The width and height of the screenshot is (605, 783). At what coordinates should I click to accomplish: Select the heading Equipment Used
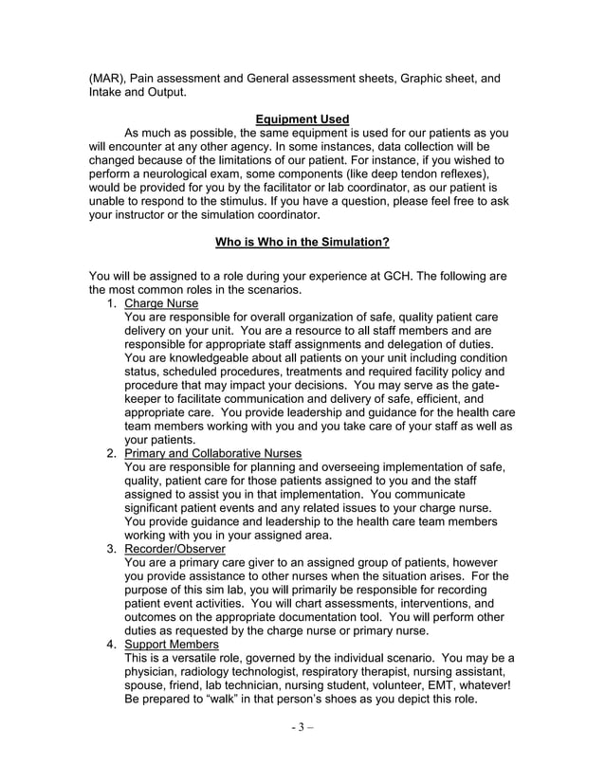(x=302, y=118)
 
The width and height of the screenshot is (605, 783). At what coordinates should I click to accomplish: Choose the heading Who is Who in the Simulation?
(x=302, y=242)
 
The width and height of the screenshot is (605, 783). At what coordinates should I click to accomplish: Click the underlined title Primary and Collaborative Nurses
(x=213, y=453)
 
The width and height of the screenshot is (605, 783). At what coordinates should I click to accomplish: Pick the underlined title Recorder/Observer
(x=174, y=548)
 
